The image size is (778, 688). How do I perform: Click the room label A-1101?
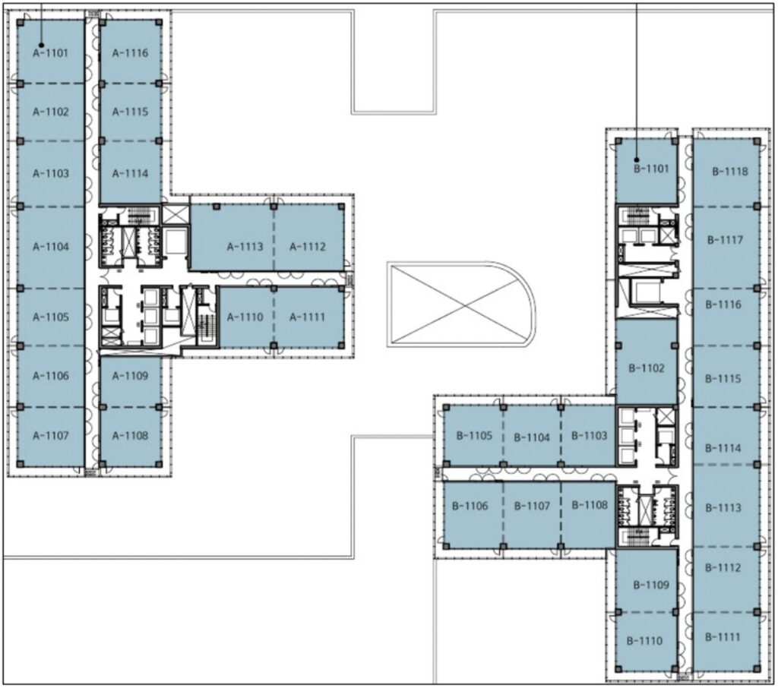click(x=51, y=52)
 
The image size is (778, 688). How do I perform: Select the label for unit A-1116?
click(x=130, y=52)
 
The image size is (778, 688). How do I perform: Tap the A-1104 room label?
click(x=51, y=247)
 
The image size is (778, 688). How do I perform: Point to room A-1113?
click(x=245, y=247)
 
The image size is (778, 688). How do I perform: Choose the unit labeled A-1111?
click(x=308, y=317)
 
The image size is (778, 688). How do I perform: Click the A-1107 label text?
click(x=51, y=436)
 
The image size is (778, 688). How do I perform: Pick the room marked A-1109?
click(x=130, y=375)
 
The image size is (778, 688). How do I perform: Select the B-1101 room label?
click(x=652, y=169)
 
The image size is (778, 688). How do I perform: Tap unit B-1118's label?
click(x=730, y=172)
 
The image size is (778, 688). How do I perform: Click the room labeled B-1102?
click(x=647, y=368)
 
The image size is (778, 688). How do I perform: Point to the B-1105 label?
click(x=474, y=436)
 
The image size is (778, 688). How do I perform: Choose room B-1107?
click(x=532, y=506)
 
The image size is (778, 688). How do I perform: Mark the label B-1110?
click(x=644, y=641)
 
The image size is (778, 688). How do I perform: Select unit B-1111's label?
click(x=723, y=636)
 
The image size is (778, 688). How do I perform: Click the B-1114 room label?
click(x=723, y=448)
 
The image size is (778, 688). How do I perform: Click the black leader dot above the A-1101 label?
click(x=42, y=45)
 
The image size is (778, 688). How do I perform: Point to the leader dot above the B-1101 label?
click(x=637, y=159)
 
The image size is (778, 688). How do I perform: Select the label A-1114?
click(x=130, y=174)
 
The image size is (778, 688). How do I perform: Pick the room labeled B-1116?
click(x=724, y=304)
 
